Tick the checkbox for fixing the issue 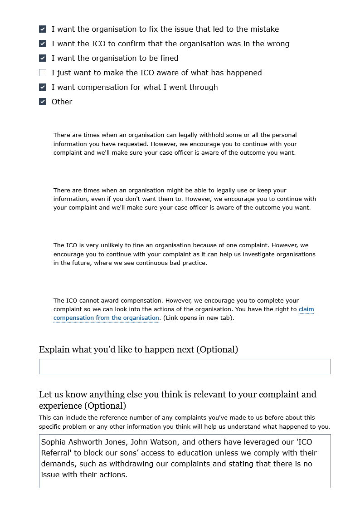[43, 29]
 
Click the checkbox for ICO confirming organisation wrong [43, 44]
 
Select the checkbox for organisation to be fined [43, 58]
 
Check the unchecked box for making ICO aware [43, 73]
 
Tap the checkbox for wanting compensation [43, 87]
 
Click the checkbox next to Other [43, 102]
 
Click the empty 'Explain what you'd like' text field [185, 367]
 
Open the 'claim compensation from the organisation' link [106, 318]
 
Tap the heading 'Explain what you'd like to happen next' [138, 349]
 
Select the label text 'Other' [62, 102]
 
